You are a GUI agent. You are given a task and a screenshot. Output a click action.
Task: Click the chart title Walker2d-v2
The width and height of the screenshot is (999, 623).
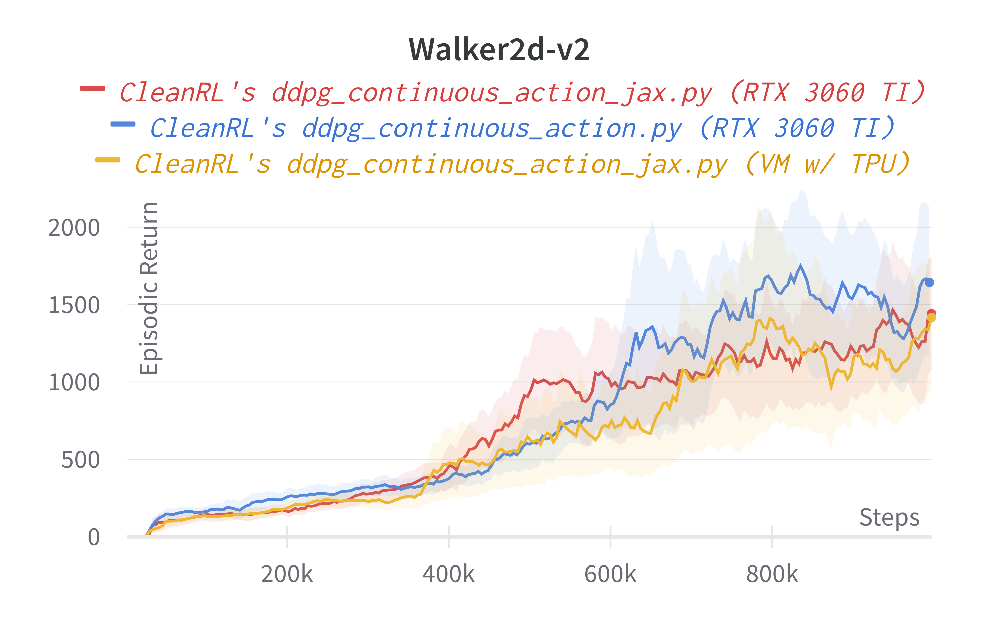point(499,49)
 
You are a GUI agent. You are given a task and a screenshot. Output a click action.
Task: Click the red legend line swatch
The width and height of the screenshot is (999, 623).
point(92,88)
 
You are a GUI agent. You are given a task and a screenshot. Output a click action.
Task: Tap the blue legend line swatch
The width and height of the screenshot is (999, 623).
point(123,124)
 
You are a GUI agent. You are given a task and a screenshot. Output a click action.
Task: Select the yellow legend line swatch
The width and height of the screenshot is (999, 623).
point(108,160)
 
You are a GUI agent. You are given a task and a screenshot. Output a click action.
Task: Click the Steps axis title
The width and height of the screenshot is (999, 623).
point(889,517)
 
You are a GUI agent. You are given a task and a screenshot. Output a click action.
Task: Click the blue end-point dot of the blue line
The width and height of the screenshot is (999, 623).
point(929,282)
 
